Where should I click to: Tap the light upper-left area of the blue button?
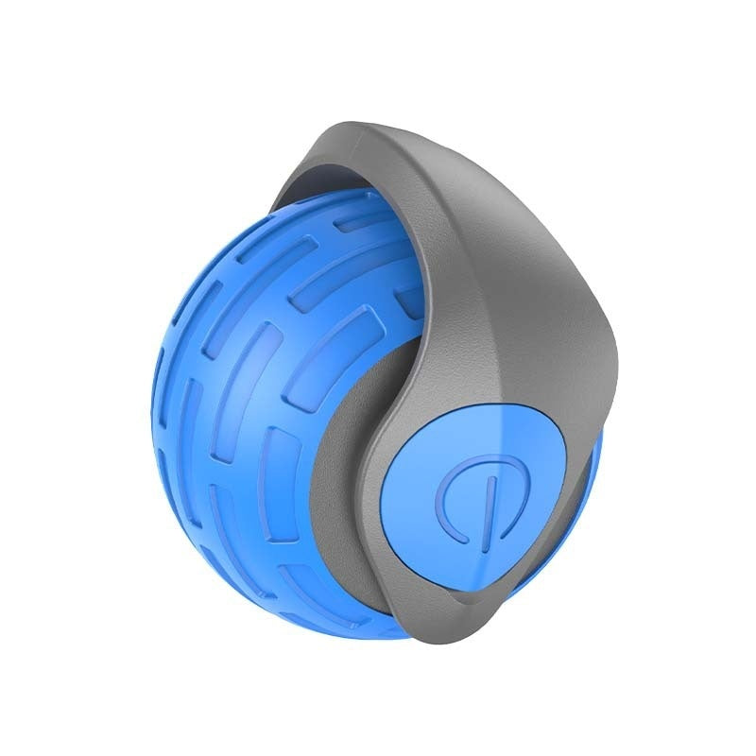pos(425,454)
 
